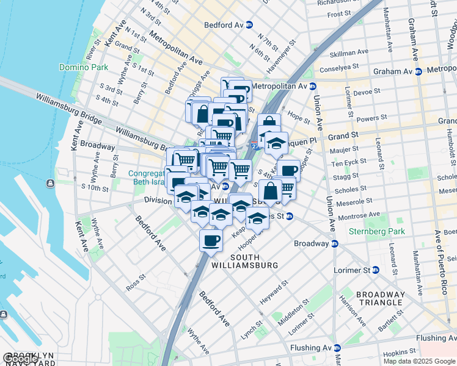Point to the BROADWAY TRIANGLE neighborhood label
pyautogui.click(x=381, y=298)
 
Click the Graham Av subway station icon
pyautogui.click(x=419, y=71)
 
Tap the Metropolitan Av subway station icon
pyautogui.click(x=312, y=87)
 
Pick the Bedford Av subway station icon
pyautogui.click(x=249, y=25)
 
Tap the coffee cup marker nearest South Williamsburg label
pyautogui.click(x=211, y=240)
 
